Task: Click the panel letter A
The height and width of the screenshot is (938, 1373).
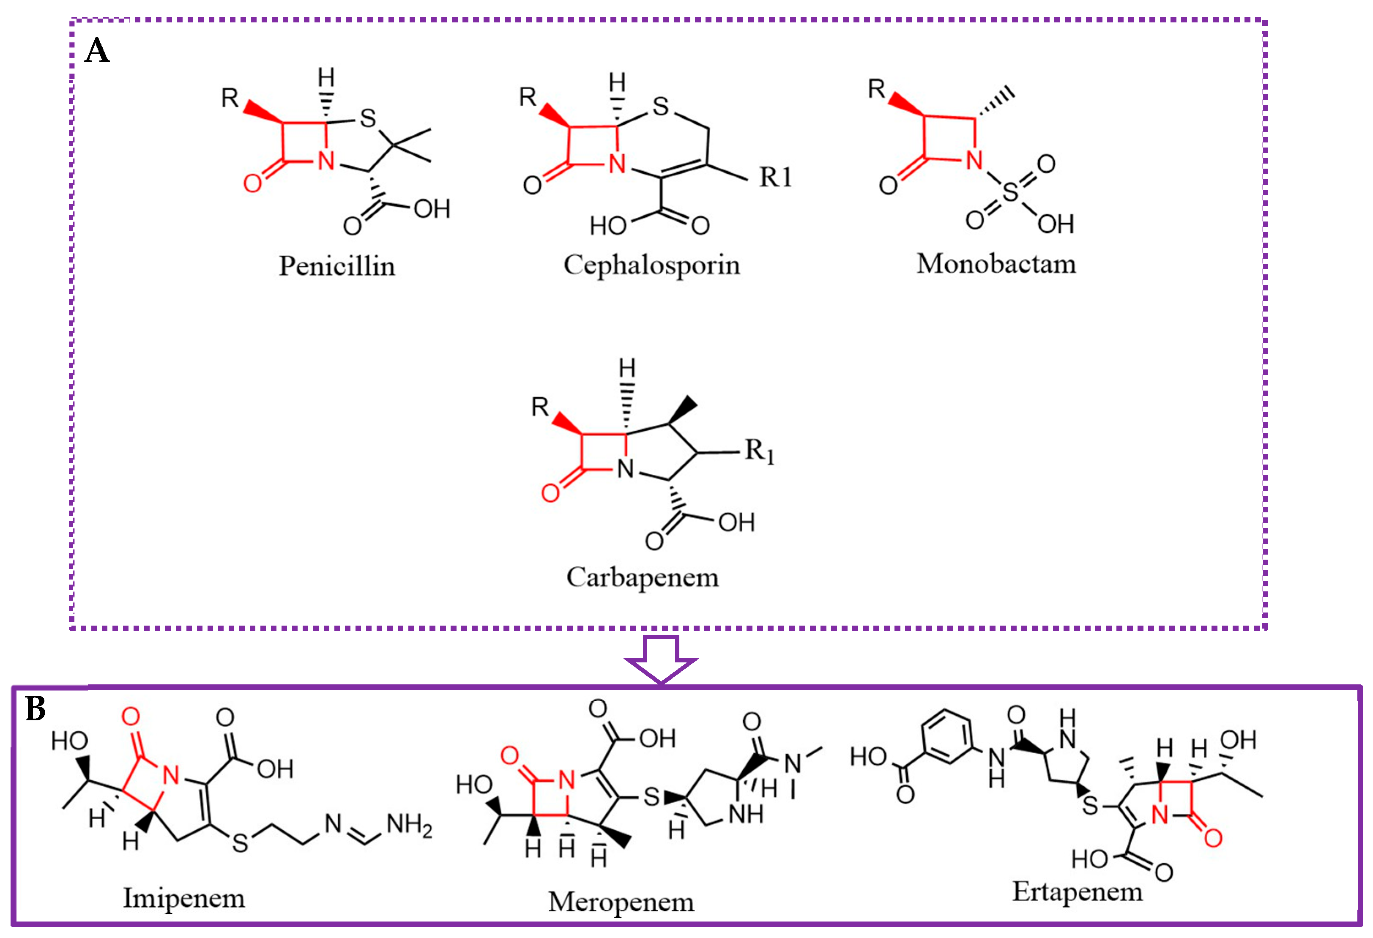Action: tap(98, 51)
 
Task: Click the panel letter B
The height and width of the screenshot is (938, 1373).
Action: tap(36, 709)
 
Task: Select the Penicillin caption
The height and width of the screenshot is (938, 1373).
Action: tap(337, 266)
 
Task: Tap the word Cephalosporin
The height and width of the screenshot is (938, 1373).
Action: tap(652, 265)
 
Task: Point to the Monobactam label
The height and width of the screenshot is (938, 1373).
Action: tap(996, 264)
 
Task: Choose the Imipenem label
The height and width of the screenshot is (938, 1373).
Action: tap(184, 898)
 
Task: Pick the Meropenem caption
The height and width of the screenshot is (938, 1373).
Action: tap(621, 902)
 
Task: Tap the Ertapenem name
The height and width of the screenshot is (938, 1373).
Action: tap(1077, 892)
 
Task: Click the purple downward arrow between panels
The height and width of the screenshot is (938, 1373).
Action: tap(661, 659)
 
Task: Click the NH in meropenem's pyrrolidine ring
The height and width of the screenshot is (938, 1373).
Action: tap(746, 815)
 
